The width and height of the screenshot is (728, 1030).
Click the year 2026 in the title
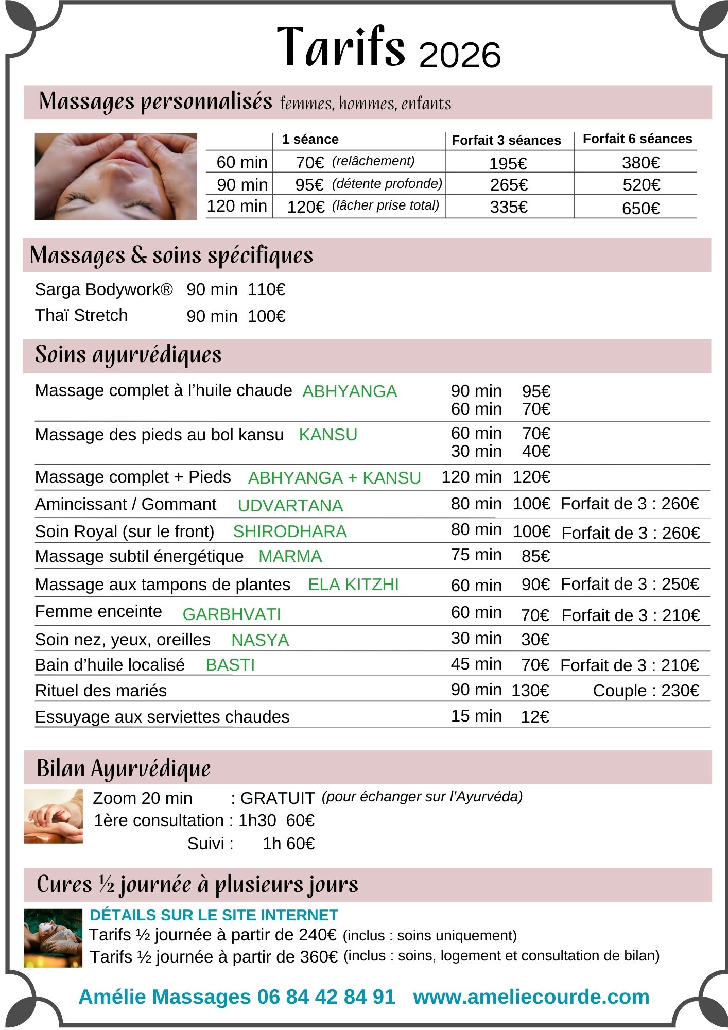coord(460,55)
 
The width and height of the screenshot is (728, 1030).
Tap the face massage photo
coord(116,177)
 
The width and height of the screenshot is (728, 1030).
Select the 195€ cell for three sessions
coord(508,164)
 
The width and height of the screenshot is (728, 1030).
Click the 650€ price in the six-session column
coord(640,209)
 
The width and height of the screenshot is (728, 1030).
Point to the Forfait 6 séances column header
coord(637,139)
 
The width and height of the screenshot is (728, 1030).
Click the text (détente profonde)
coord(387,184)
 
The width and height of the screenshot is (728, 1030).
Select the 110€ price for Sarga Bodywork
coord(266,290)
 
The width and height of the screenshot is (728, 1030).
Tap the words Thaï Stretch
coord(81,315)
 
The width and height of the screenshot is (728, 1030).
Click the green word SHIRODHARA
coord(290,531)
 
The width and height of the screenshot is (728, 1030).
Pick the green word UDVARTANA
coord(290,506)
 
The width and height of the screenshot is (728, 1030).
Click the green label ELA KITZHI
coord(353,585)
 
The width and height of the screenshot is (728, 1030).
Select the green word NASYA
coord(260,640)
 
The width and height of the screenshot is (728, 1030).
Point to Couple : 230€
coord(646,691)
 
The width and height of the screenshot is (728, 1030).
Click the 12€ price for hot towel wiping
coord(535,717)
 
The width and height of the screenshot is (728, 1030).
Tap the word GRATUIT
coord(278,798)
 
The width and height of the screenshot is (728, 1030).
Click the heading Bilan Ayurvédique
coord(124,768)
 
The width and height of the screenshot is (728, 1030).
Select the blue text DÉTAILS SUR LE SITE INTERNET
coord(214,915)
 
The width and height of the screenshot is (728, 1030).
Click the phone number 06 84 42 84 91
coord(326,997)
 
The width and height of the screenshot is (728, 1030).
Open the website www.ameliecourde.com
coord(531,997)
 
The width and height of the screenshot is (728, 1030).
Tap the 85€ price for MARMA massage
coord(535,556)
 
